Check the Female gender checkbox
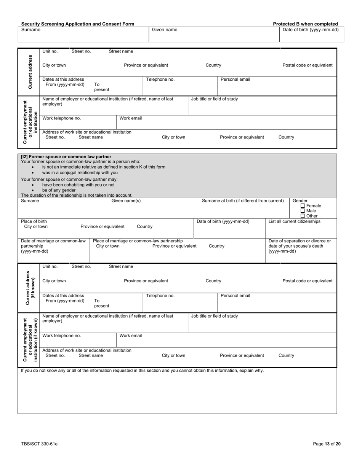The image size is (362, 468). click(303, 206)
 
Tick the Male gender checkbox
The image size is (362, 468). click(303, 211)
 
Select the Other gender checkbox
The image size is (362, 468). click(303, 216)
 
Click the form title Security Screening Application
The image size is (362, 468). click(77, 24)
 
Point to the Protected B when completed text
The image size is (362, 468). click(305, 24)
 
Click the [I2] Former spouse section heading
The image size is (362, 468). click(66, 156)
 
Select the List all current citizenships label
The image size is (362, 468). click(294, 221)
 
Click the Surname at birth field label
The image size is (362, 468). click(243, 201)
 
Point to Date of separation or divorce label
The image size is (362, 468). click(300, 246)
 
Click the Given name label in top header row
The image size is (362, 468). click(164, 30)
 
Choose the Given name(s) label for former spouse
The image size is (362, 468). click(126, 201)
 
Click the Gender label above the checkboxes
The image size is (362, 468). click(300, 201)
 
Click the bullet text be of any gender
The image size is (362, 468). click(59, 190)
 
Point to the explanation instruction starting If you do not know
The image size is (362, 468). click(142, 370)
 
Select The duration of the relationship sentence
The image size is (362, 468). click(77, 195)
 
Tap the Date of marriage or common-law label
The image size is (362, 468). click(53, 246)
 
